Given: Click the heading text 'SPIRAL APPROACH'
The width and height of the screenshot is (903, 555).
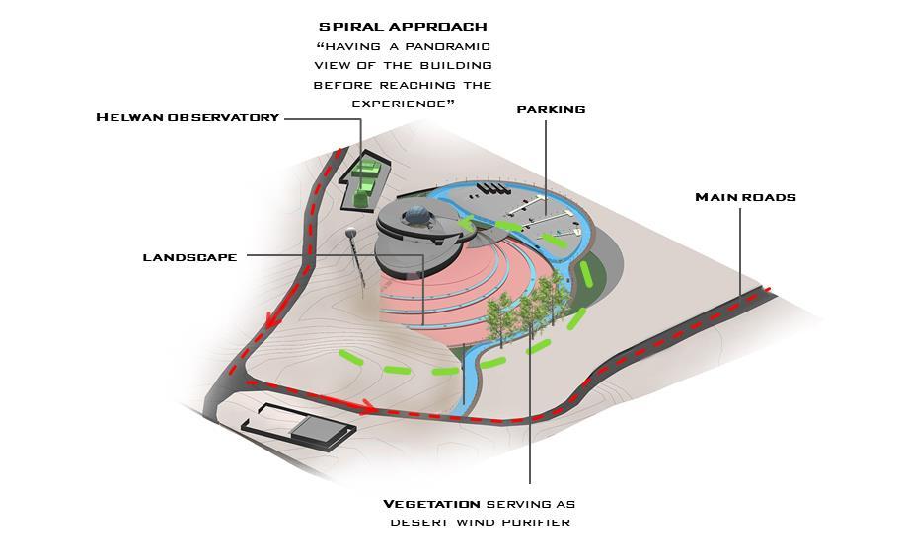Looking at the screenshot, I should coord(402,26).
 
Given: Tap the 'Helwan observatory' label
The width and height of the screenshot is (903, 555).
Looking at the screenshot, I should coord(188,117).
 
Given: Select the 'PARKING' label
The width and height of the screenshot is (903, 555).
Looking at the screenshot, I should coord(551,109).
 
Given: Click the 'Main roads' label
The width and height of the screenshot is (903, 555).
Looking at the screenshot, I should coord(745,197).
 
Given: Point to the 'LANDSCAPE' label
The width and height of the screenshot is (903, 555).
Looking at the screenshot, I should coord(189,257).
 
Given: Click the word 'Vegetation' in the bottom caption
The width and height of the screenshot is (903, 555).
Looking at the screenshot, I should coord(431,504).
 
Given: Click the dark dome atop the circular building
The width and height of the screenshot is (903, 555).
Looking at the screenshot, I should coord(417,216).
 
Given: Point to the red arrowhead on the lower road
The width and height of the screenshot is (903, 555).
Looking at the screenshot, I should coord(367,405).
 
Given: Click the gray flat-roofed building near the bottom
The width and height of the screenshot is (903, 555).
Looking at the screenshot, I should coord(318,428).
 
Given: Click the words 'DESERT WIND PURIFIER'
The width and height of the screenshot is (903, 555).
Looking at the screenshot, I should coord(480,522).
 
